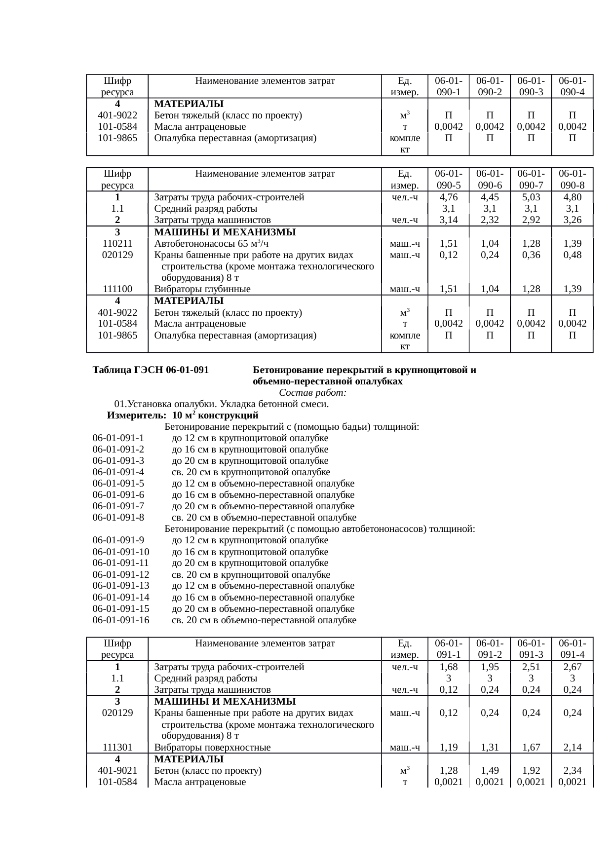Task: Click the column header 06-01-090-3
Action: pos(531,86)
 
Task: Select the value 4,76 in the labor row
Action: pos(448,197)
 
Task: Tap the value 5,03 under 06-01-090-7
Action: pos(531,197)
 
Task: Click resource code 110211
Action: pos(117,243)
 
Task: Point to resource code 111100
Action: pos(117,289)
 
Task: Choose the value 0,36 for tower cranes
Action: pos(531,255)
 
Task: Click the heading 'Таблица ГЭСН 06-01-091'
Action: pos(150,370)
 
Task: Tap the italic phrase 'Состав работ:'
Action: pos(312,393)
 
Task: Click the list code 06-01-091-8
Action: pos(118,518)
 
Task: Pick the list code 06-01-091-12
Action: pos(121,574)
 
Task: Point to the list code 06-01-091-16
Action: pos(121,620)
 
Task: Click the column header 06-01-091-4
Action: pos(572,649)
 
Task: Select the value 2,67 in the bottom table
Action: pos(572,667)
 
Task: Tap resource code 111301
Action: pos(117,748)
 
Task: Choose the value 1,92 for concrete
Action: pos(531,770)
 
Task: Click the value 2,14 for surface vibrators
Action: pos(572,748)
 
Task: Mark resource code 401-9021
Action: pos(117,770)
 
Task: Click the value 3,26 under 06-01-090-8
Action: pos(572,220)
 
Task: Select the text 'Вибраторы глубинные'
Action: pos(202,289)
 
